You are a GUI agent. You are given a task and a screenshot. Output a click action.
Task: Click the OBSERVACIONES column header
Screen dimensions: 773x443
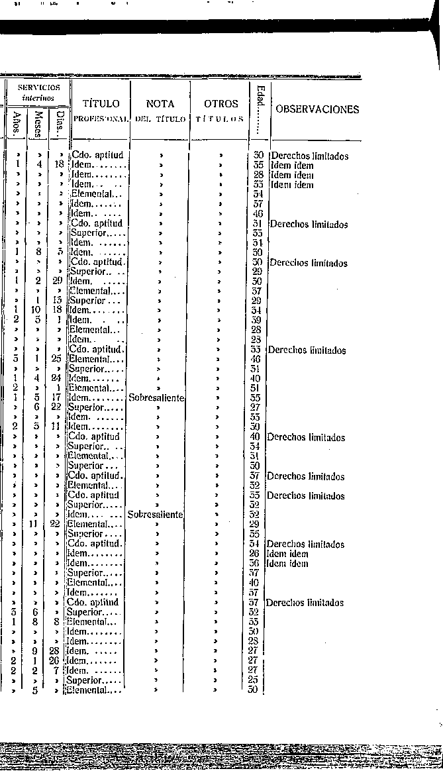click(x=317, y=110)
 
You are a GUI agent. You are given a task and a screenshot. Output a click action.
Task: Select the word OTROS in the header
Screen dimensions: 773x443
click(x=221, y=104)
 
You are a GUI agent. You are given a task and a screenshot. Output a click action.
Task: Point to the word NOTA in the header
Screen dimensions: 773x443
click(x=160, y=104)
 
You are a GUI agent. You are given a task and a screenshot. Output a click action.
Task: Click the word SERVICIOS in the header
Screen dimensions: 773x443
click(x=38, y=87)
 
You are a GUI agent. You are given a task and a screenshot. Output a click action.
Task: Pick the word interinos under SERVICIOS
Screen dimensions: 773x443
click(x=38, y=97)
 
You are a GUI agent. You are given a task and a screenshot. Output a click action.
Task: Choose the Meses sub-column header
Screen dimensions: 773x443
click(x=38, y=123)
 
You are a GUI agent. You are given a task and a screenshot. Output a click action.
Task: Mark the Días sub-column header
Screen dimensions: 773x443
click(x=60, y=123)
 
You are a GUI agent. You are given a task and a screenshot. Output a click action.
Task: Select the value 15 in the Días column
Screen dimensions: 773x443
click(x=59, y=301)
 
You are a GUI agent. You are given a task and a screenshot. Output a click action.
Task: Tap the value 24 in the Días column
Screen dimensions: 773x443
click(x=59, y=379)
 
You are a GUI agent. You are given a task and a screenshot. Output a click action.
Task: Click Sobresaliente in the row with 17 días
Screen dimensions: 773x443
click(x=156, y=398)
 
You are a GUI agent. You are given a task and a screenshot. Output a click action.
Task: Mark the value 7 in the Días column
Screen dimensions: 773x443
click(x=59, y=670)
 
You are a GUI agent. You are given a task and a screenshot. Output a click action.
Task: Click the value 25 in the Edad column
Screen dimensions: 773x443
click(x=252, y=680)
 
